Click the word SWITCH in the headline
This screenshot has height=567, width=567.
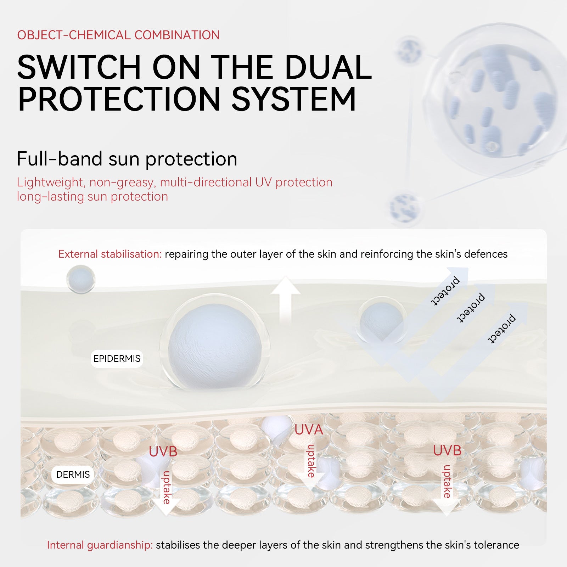(x=79, y=67)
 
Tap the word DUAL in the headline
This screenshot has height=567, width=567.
(x=328, y=67)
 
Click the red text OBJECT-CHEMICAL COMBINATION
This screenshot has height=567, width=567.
(x=118, y=35)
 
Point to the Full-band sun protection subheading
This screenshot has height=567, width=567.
(x=127, y=159)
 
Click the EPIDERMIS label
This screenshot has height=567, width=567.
(x=117, y=359)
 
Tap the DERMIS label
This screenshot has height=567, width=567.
(x=73, y=475)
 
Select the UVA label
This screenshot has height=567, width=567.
(x=309, y=430)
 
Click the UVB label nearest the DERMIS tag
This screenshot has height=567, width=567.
(x=163, y=452)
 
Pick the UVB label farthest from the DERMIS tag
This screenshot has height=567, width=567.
(x=447, y=451)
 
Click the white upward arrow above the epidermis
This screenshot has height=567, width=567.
(x=286, y=301)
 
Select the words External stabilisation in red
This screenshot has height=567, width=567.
(x=110, y=254)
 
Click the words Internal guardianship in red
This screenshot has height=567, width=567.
(x=100, y=545)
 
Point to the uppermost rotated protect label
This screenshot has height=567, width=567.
(x=445, y=291)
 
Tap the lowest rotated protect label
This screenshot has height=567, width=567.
(x=501, y=329)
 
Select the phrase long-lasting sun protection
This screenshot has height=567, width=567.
(x=92, y=196)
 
